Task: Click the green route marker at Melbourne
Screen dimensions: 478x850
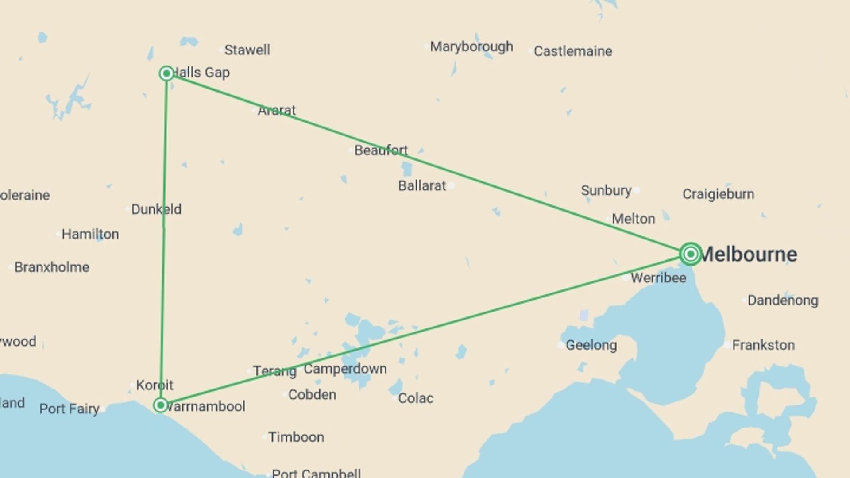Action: pyautogui.click(x=690, y=254)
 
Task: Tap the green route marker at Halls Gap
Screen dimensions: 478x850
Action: pyautogui.click(x=166, y=73)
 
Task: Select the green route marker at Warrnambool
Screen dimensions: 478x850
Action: pyautogui.click(x=161, y=405)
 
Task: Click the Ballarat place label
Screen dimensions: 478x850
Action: pyautogui.click(x=422, y=186)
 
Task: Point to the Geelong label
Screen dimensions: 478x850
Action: pyautogui.click(x=591, y=345)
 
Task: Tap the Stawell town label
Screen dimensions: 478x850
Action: pyautogui.click(x=247, y=50)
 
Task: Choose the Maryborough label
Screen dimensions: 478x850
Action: pyautogui.click(x=471, y=46)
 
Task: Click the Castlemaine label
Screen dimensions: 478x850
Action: pyautogui.click(x=573, y=51)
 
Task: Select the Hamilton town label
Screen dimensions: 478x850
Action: pyautogui.click(x=90, y=234)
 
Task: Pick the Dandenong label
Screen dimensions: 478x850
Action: pyautogui.click(x=783, y=301)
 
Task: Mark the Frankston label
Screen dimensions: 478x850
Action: pyautogui.click(x=763, y=345)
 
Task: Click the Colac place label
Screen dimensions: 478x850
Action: pyautogui.click(x=416, y=398)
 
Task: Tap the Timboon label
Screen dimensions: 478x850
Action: pyautogui.click(x=296, y=437)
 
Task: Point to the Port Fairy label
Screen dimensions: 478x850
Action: pyautogui.click(x=70, y=409)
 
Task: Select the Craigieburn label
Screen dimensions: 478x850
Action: pyautogui.click(x=718, y=194)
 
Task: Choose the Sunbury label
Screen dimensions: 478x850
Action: pyautogui.click(x=606, y=191)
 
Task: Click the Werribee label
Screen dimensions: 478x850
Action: pyautogui.click(x=658, y=278)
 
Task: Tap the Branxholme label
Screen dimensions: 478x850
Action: pyautogui.click(x=52, y=267)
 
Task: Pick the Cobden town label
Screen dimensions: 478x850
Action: pyautogui.click(x=312, y=395)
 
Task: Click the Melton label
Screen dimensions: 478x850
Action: pyautogui.click(x=633, y=219)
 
